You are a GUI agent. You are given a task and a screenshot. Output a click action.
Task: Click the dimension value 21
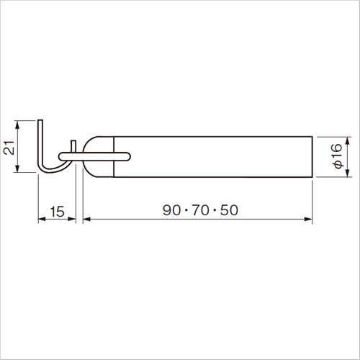9,148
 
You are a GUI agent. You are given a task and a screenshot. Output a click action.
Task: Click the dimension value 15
58,212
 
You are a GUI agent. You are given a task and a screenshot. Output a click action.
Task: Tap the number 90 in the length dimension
171,210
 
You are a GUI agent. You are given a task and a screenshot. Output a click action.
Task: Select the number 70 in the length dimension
200,210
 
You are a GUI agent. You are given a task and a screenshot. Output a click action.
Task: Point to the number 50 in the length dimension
229,210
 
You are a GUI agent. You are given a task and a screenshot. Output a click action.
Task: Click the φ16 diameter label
336,156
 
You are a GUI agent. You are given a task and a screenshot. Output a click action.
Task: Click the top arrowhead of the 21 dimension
17,125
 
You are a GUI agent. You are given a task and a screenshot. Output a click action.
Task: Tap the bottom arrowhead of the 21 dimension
17,168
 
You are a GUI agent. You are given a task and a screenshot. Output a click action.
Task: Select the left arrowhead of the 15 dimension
42,219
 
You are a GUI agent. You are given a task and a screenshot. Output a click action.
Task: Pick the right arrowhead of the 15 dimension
72,219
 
